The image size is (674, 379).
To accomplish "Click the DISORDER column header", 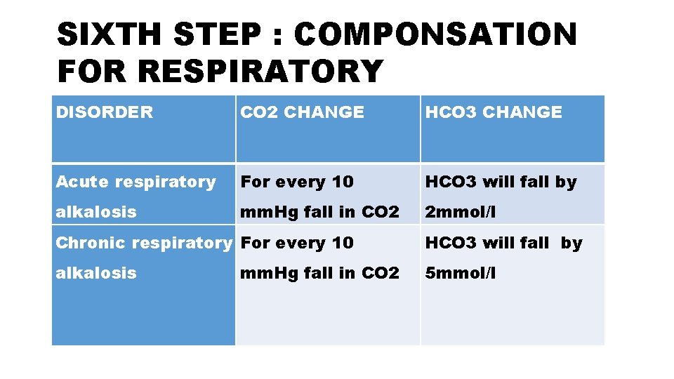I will [104, 112].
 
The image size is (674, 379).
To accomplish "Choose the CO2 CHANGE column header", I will [303, 112].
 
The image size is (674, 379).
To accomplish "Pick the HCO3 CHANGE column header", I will [494, 112].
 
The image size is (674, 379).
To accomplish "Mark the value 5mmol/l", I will [460, 273].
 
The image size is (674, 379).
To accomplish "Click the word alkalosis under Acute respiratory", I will [96, 212].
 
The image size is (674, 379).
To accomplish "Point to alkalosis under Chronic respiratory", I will [96, 273].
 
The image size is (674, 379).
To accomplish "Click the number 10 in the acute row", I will [343, 182].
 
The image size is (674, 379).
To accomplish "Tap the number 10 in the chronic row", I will [343, 243].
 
